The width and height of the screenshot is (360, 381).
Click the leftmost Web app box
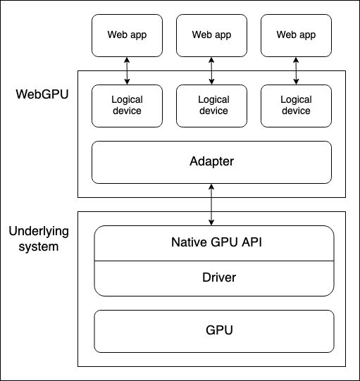point(127,35)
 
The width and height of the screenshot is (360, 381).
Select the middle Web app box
point(211,35)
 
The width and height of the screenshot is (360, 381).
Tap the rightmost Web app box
point(296,35)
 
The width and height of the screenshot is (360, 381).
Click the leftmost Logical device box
point(127,106)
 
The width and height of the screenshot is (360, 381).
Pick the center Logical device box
point(211,106)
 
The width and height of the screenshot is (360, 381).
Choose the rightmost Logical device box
point(296,106)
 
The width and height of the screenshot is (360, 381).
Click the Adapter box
point(211,162)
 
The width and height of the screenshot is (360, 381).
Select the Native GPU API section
point(214,243)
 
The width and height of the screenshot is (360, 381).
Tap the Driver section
point(214,277)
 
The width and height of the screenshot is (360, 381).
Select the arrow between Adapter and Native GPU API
point(211,204)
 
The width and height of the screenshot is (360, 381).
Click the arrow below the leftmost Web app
point(127,70)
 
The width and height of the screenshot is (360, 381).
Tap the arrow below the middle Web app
point(211,70)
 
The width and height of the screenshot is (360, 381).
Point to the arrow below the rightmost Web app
point(296,70)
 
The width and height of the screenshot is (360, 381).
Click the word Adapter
point(211,162)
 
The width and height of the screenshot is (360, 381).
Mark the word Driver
point(214,277)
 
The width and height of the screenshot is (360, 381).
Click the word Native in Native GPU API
point(188,243)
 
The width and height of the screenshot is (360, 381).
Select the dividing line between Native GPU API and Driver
point(214,261)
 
